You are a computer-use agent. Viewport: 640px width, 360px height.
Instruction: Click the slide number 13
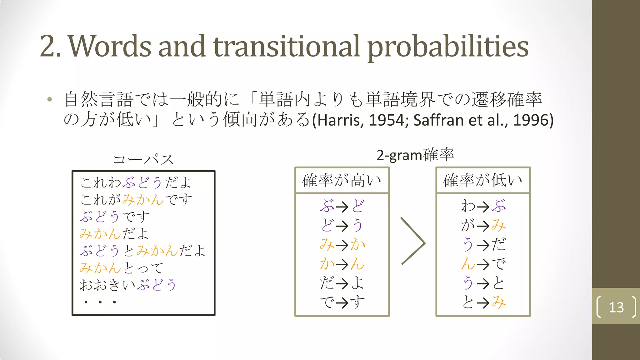click(x=616, y=307)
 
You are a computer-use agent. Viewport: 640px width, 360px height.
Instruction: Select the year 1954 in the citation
click(x=386, y=120)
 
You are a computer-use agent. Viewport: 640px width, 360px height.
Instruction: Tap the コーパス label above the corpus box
click(x=143, y=159)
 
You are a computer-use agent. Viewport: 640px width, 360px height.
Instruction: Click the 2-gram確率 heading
click(x=415, y=155)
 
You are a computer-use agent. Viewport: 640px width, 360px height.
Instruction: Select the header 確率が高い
click(x=342, y=180)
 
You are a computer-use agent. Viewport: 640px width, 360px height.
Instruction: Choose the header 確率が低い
click(x=483, y=180)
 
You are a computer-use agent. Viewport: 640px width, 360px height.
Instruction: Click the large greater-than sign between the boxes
click(x=413, y=241)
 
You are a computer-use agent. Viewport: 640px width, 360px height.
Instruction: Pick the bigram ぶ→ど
click(x=342, y=206)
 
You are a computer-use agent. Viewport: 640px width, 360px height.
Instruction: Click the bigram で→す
click(x=342, y=302)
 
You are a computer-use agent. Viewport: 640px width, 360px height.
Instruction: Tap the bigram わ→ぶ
click(x=483, y=206)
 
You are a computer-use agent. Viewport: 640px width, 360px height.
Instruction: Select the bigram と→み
click(x=483, y=302)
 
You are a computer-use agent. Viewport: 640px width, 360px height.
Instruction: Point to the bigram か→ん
click(x=342, y=264)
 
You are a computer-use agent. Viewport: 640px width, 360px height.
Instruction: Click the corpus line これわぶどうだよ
click(x=136, y=182)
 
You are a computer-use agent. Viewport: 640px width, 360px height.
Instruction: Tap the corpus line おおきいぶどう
click(x=128, y=285)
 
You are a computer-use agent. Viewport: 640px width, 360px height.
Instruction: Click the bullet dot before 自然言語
click(x=49, y=100)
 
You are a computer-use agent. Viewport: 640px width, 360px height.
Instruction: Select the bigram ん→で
click(x=483, y=264)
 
